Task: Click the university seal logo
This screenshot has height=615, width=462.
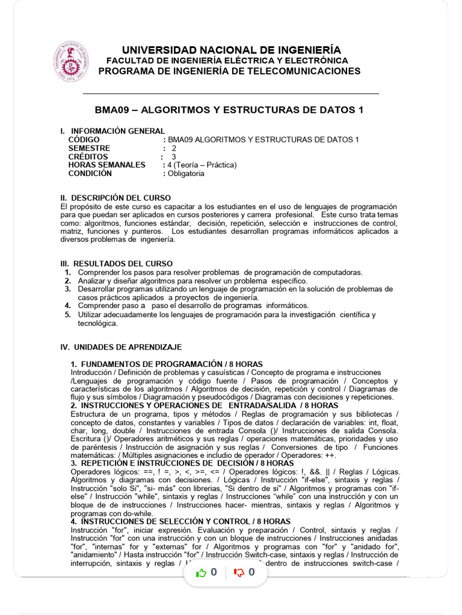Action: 70,61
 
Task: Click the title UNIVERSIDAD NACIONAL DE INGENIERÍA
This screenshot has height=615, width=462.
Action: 231,50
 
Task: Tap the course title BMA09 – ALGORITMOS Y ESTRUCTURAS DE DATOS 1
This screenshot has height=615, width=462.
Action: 229,110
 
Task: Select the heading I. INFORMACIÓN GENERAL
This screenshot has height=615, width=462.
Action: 112,131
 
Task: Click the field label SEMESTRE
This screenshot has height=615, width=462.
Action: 89,148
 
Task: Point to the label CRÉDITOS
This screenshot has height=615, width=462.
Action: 89,157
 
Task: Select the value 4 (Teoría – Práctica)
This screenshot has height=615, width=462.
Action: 202,165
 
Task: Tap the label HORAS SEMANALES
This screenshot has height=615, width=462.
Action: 107,165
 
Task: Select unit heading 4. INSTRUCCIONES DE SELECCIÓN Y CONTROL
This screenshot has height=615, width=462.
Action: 180,521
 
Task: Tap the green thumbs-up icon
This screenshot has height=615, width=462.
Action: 202,573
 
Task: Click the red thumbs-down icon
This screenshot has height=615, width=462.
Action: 239,573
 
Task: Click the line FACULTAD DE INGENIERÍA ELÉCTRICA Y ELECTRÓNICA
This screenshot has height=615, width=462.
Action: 227,61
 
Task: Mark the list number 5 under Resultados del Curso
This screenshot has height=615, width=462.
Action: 68,315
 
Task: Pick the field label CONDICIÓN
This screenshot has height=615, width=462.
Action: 90,174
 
